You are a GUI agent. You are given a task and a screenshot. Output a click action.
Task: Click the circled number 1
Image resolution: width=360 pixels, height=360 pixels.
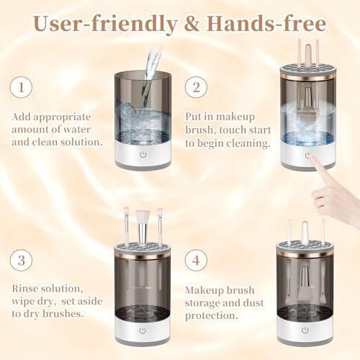[x=21, y=87]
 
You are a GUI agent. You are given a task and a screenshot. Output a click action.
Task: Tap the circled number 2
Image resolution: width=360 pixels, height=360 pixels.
[x=196, y=87]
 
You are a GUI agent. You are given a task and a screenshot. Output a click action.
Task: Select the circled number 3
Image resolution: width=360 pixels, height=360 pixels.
[x=21, y=261]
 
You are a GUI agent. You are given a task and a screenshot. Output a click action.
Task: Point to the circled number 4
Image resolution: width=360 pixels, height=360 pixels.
[x=196, y=261]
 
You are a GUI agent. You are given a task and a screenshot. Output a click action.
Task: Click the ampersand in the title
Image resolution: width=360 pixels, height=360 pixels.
[x=192, y=24]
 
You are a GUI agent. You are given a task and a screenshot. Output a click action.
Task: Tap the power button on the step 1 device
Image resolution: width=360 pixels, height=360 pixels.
[x=143, y=154]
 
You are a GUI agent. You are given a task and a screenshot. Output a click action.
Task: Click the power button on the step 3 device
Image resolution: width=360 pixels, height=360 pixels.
[x=143, y=330]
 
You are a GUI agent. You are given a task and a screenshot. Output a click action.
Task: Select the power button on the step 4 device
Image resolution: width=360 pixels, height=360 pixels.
[x=305, y=330]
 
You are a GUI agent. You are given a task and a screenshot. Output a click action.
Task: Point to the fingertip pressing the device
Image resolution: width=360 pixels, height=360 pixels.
[x=311, y=158]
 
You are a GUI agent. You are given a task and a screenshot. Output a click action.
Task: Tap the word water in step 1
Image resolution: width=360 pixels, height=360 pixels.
[x=77, y=130]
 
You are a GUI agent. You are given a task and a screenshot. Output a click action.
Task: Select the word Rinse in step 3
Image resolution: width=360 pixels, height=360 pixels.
[x=25, y=289]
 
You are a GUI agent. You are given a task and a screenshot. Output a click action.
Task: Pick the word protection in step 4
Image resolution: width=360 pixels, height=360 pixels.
[x=211, y=316]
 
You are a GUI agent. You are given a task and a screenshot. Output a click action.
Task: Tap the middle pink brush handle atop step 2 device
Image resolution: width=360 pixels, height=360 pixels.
[x=308, y=53]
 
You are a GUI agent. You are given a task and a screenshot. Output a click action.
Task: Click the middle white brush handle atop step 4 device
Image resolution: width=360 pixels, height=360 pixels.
[x=305, y=231]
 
